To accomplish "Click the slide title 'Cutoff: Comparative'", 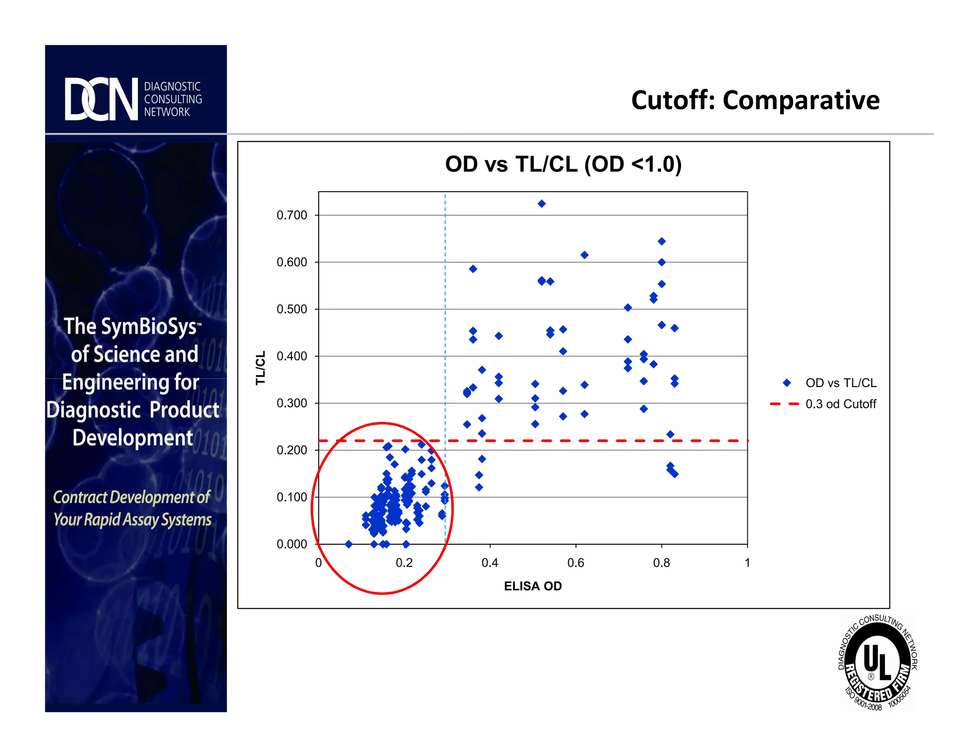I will click(x=755, y=100).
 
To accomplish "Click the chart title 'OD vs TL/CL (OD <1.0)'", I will click(x=563, y=164).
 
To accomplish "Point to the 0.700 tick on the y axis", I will click(x=292, y=215).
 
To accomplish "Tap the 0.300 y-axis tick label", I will click(x=292, y=403).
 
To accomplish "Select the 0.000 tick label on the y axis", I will click(x=292, y=544).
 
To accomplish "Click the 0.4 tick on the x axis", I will click(x=490, y=563).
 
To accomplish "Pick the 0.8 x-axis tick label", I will click(x=661, y=563).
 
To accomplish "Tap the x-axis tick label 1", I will click(x=747, y=563).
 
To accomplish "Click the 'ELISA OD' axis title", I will click(x=533, y=586).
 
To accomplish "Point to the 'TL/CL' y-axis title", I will click(x=261, y=368).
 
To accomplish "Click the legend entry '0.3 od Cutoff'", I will click(x=840, y=404).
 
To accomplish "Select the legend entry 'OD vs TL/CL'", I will click(x=840, y=383).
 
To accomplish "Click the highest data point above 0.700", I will click(x=542, y=204).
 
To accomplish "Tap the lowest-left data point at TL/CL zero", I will click(x=349, y=544).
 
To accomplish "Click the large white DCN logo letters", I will click(x=101, y=99).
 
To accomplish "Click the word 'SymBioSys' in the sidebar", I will click(x=149, y=327).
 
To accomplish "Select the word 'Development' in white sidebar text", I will click(x=133, y=438).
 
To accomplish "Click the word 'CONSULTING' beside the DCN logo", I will click(x=173, y=99).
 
